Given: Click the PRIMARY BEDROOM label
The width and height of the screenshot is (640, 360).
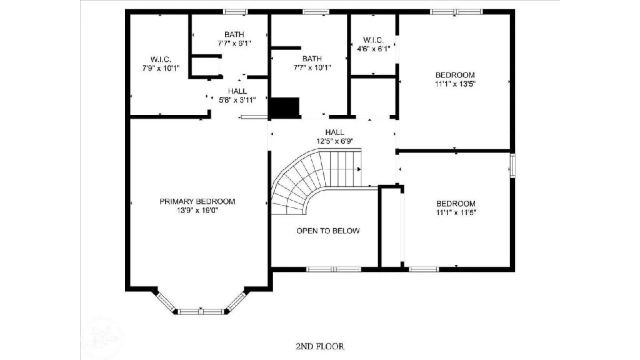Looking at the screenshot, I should pyautogui.click(x=197, y=201).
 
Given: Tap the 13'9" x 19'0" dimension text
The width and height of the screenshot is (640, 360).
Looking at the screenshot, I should pyautogui.click(x=197, y=211).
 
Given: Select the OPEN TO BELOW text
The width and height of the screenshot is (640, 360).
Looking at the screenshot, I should pyautogui.click(x=327, y=231).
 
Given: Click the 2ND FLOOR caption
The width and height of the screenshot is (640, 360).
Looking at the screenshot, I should pyautogui.click(x=319, y=346).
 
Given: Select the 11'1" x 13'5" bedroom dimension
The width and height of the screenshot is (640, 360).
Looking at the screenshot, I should pyautogui.click(x=455, y=82).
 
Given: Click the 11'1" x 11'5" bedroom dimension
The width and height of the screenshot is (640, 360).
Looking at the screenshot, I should pyautogui.click(x=455, y=212).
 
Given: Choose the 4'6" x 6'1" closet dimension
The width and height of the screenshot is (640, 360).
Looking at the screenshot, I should pyautogui.click(x=374, y=49).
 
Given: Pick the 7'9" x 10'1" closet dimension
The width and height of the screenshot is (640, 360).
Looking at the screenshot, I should pyautogui.click(x=161, y=67).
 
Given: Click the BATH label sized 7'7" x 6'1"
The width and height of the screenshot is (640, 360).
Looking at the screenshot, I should pyautogui.click(x=234, y=34).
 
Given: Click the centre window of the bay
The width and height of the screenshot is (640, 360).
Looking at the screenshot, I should pyautogui.click(x=201, y=311).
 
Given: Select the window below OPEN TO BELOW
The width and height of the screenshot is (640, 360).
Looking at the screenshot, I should pyautogui.click(x=334, y=269).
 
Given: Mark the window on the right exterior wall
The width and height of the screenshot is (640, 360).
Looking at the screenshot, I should pyautogui.click(x=512, y=166).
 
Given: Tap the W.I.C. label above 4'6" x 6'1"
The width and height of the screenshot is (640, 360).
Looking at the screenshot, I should pyautogui.click(x=374, y=40).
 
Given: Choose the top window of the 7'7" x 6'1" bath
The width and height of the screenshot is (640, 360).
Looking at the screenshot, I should pyautogui.click(x=236, y=11).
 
